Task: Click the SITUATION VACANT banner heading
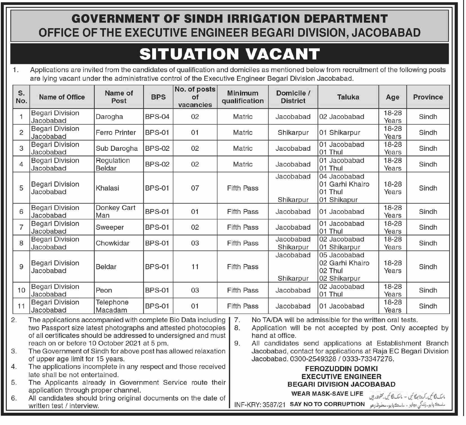[229, 54]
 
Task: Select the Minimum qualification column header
[242, 97]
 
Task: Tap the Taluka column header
[348, 97]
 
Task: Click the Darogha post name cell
[109, 117]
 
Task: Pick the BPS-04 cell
[157, 117]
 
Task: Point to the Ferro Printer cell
[116, 132]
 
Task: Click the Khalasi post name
[107, 188]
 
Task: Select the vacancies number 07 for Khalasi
[195, 188]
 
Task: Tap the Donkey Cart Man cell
[116, 211]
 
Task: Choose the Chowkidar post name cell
[112, 243]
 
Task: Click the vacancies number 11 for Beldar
[195, 267]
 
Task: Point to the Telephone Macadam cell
[112, 306]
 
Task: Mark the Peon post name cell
[104, 290]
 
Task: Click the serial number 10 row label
[21, 290]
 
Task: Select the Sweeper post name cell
[110, 227]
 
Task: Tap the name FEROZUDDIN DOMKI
[341, 369]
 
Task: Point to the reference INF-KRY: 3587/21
[260, 405]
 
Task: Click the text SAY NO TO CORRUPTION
[327, 404]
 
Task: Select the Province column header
[428, 97]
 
